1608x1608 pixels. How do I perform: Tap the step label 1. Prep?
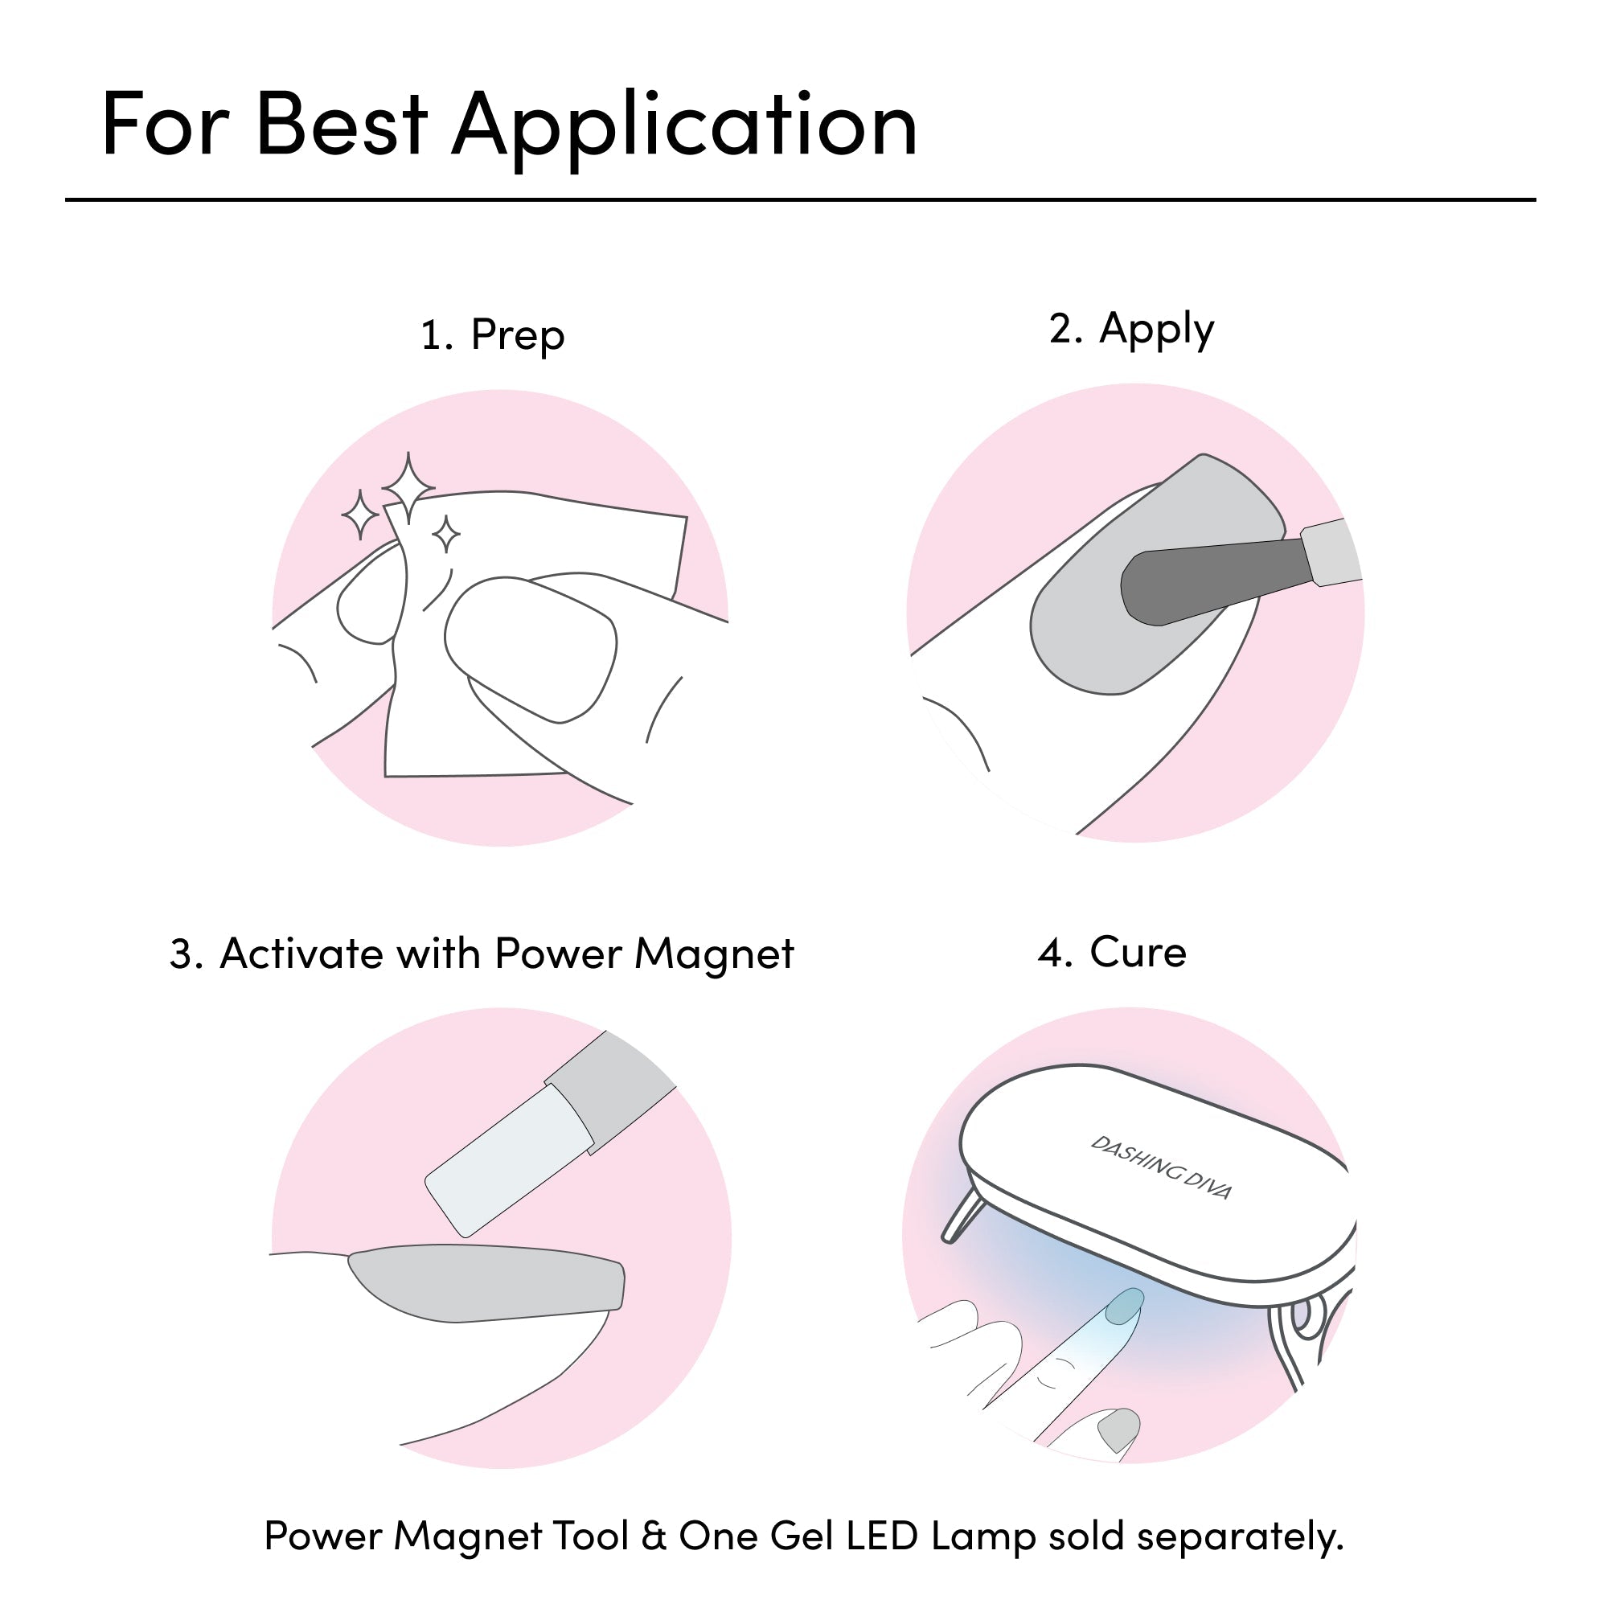point(493,335)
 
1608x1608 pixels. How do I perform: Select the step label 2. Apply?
point(1131,330)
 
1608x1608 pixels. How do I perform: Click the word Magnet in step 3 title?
point(714,953)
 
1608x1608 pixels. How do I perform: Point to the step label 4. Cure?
point(1112,952)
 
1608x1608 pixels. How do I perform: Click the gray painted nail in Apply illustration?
point(1158,574)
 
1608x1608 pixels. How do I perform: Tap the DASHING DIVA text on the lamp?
point(1161,1167)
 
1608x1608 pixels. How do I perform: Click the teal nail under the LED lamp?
point(1125,1304)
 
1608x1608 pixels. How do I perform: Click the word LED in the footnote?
point(881,1536)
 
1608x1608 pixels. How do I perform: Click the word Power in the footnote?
point(322,1536)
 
